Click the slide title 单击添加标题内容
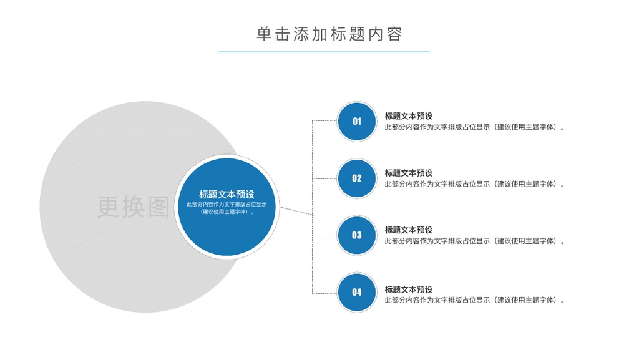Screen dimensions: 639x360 [x=329, y=34]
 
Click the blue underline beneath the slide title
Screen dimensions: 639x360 [x=324, y=52]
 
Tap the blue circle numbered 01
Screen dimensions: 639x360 [x=356, y=122]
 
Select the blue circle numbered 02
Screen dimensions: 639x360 [x=356, y=178]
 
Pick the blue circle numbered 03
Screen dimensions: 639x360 [x=356, y=235]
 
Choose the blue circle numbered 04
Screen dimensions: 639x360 [x=356, y=293]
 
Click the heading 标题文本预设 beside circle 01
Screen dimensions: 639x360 [x=409, y=116]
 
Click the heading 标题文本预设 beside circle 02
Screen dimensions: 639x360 [x=409, y=173]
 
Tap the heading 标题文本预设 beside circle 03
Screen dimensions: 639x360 [x=409, y=230]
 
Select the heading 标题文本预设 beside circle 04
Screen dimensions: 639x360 [x=409, y=289]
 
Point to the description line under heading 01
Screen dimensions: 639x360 [x=475, y=127]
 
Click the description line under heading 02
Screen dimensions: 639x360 [x=475, y=184]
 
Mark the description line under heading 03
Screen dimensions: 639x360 [x=475, y=241]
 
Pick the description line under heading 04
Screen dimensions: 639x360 [x=475, y=300]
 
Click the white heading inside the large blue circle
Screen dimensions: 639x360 [x=227, y=194]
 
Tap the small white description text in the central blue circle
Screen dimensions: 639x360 [x=227, y=208]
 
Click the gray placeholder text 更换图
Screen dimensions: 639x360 [x=134, y=207]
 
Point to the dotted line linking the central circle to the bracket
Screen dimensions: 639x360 [x=296, y=211]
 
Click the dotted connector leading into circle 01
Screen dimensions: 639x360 [x=324, y=121]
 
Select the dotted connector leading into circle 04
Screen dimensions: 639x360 [x=324, y=293]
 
